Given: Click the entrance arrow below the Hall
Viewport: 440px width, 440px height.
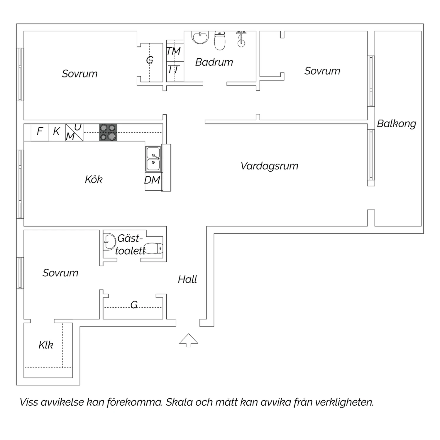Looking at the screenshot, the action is [x=189, y=340].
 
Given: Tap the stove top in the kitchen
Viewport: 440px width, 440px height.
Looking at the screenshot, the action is [x=108, y=132].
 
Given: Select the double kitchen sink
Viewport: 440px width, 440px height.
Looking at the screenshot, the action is [x=153, y=159].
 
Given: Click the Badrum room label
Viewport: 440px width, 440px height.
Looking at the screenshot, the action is [x=214, y=62].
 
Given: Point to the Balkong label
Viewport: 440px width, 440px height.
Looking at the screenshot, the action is [x=397, y=124].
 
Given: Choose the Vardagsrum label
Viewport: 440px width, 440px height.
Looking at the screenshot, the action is [x=269, y=166].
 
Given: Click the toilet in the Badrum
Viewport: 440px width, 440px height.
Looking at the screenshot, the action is [x=220, y=40].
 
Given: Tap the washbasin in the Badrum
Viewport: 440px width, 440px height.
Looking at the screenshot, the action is [x=200, y=37].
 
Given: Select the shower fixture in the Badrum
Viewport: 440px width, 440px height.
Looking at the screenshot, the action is [x=241, y=38].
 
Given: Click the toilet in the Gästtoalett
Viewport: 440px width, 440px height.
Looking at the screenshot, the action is [x=153, y=248].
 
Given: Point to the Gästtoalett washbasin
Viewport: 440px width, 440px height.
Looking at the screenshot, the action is [x=109, y=241].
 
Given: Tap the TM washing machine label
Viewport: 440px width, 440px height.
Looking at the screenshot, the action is [x=173, y=51].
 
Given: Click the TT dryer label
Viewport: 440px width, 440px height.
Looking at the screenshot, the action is [x=173, y=70].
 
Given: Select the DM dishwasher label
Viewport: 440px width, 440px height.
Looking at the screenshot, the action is [x=152, y=180].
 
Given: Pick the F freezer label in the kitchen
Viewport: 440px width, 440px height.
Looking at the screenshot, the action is [x=40, y=131].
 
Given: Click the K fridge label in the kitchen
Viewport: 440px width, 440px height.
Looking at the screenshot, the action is [x=56, y=131].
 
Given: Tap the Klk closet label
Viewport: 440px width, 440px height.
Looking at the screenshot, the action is [x=46, y=345].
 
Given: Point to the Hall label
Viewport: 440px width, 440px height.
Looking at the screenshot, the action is [x=187, y=279].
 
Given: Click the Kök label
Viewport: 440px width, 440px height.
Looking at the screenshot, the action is [x=94, y=179].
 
